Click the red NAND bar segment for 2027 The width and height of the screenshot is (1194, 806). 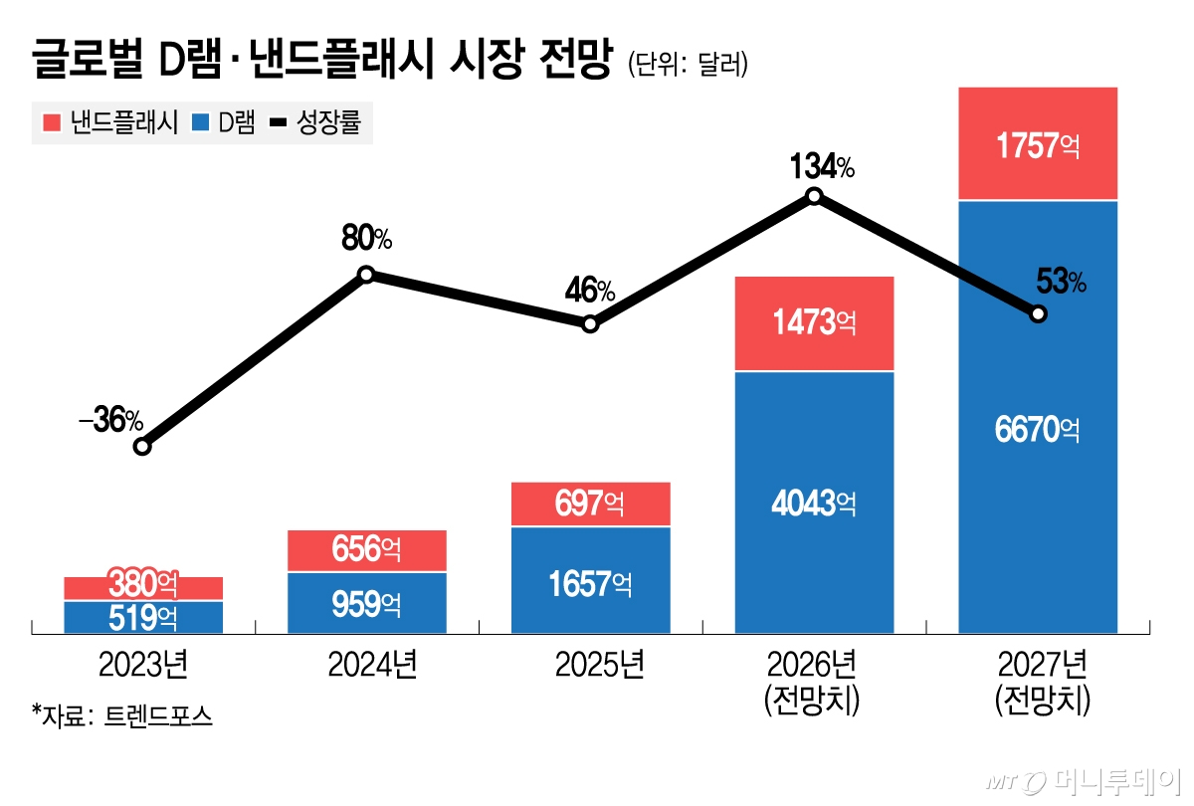[1038, 144]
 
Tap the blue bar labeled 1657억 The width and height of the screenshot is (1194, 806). [590, 580]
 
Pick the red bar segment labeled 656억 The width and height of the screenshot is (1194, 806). [366, 550]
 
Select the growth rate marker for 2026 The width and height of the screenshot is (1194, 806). [814, 196]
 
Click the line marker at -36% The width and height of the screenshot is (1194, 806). [142, 447]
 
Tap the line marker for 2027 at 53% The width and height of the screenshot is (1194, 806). [1038, 314]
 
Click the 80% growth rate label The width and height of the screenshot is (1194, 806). [367, 239]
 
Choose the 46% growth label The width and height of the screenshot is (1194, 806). [589, 292]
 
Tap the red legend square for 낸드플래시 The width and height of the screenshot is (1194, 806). [52, 122]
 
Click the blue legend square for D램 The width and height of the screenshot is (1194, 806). [201, 122]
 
